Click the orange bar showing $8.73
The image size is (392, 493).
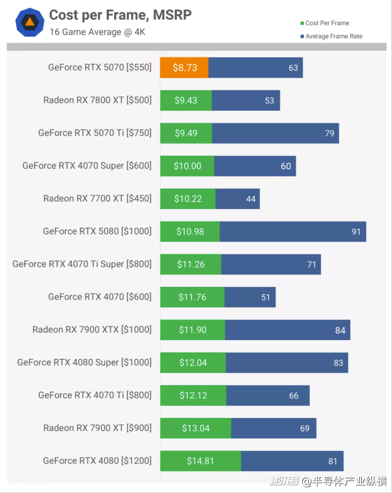pyautogui.click(x=184, y=68)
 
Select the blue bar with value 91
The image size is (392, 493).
pyautogui.click(x=293, y=232)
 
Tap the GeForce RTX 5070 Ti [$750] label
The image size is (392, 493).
pyautogui.click(x=95, y=133)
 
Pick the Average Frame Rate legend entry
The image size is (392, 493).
pyautogui.click(x=333, y=36)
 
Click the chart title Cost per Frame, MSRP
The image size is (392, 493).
pyautogui.click(x=120, y=15)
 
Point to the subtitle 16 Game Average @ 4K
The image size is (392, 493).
pyautogui.click(x=97, y=32)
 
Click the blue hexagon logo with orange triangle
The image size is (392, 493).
pyautogui.click(x=30, y=23)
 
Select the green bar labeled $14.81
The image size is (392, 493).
pyautogui.click(x=200, y=461)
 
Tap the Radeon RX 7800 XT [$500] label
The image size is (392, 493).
pyautogui.click(x=97, y=101)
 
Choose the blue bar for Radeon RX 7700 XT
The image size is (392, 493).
pyautogui.click(x=237, y=199)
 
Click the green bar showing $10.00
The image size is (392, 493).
pyautogui.click(x=187, y=166)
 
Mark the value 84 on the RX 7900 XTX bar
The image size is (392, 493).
pyautogui.click(x=340, y=330)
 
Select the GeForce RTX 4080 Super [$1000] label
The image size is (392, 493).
pyautogui.click(x=84, y=362)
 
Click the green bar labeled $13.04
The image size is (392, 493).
pyautogui.click(x=195, y=428)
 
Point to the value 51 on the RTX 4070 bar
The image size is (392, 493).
pyautogui.click(x=265, y=297)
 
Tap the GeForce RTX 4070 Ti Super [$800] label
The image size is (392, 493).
pyautogui.click(x=82, y=264)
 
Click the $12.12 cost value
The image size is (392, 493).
pyautogui.click(x=193, y=395)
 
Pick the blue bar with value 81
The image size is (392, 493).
pyautogui.click(x=292, y=461)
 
